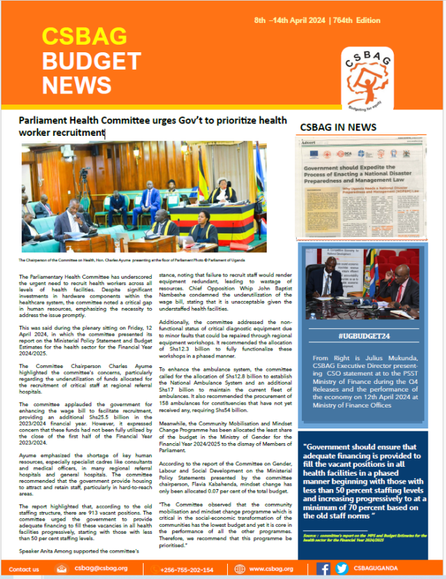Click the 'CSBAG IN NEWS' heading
pos(338,128)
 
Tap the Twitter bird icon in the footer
pos(341,569)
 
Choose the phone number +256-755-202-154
pos(187,569)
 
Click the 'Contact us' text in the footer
pos(24,569)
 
